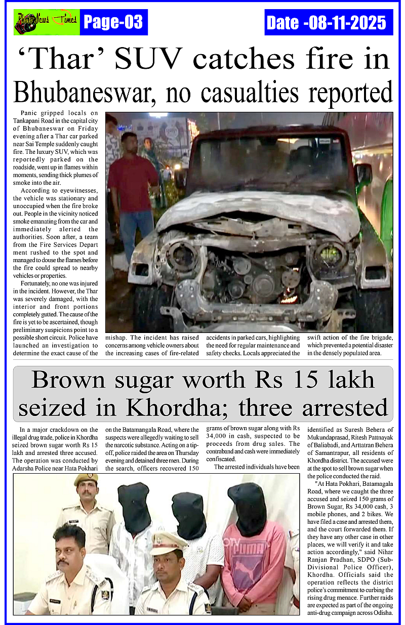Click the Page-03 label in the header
tap(113, 22)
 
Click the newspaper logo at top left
tap(46, 22)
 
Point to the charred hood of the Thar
tap(258, 210)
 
